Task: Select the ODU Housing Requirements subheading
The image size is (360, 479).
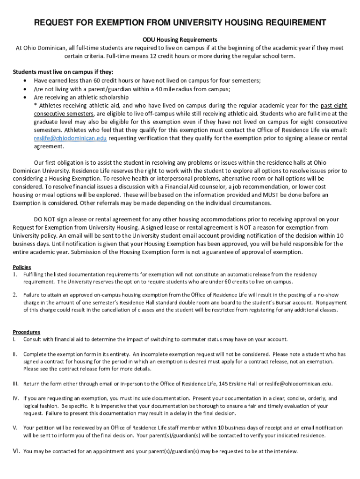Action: click(180, 39)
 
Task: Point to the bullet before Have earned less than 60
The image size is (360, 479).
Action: click(24, 80)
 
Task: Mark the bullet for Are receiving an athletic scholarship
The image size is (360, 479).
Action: click(24, 97)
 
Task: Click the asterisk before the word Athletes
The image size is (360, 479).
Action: click(36, 106)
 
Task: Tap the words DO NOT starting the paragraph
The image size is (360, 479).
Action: click(46, 219)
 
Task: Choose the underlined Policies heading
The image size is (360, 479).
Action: click(22, 267)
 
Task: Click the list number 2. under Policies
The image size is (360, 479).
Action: click(15, 294)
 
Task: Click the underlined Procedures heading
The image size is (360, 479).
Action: click(26, 332)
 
